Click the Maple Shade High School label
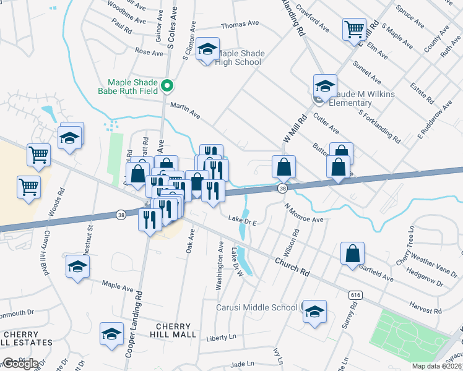(x=240, y=58)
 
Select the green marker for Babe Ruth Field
(x=167, y=86)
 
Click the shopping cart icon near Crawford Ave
(x=354, y=28)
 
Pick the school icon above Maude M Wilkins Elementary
(x=325, y=85)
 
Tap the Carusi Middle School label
(x=256, y=307)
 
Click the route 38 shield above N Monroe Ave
(x=282, y=188)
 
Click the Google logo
(x=20, y=364)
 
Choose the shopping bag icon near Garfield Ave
(x=352, y=253)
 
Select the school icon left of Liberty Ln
(x=111, y=334)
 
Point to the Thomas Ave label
(x=240, y=24)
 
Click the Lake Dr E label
(x=242, y=219)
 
